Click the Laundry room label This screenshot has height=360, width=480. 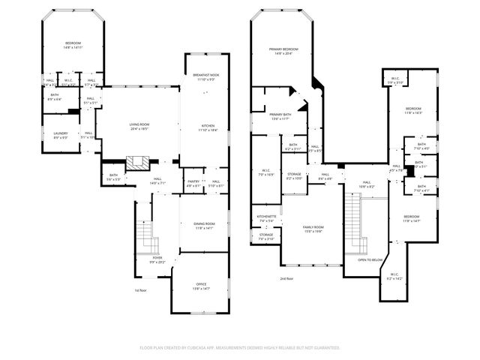pyautogui.click(x=60, y=135)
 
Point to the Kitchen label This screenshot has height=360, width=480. pyautogui.click(x=208, y=127)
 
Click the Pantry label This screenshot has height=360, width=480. pyautogui.click(x=193, y=181)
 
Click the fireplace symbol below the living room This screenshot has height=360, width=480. pyautogui.click(x=137, y=163)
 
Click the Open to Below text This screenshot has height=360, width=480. pyautogui.click(x=370, y=259)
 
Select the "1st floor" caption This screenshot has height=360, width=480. pyautogui.click(x=139, y=289)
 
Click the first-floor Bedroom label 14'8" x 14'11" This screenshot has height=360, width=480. pyautogui.click(x=72, y=45)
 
